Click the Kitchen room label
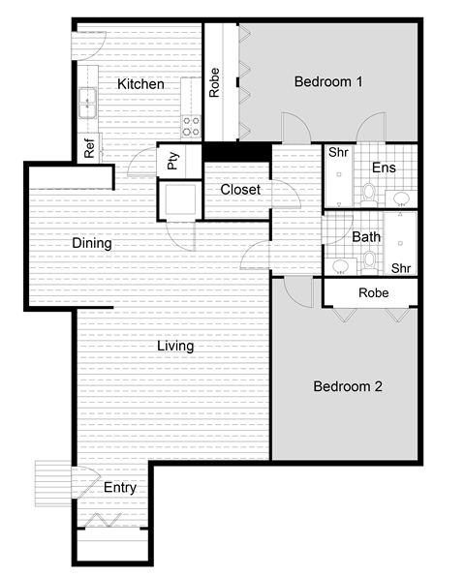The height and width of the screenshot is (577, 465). click(140, 85)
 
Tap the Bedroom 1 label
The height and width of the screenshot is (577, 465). click(327, 82)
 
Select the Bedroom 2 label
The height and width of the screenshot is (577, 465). click(348, 386)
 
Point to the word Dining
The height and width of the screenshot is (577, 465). click(92, 244)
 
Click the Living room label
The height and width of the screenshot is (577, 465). click(175, 346)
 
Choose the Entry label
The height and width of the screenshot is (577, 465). click(120, 488)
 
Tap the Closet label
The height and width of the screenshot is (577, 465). click(239, 190)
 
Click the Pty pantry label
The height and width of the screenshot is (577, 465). click(172, 161)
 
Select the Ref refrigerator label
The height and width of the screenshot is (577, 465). click(89, 150)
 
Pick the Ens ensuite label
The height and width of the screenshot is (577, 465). click(384, 167)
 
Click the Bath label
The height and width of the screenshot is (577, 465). click(366, 236)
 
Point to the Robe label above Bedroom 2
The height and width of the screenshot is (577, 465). click(374, 292)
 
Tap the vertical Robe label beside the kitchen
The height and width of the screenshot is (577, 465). click(214, 81)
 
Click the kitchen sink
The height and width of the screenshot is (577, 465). click(85, 97)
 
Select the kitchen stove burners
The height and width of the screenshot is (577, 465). click(191, 125)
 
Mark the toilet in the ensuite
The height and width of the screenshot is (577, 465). click(368, 193)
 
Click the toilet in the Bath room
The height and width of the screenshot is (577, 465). click(368, 260)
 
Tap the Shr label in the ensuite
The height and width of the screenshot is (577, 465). click(338, 152)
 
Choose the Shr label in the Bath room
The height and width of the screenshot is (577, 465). click(402, 268)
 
